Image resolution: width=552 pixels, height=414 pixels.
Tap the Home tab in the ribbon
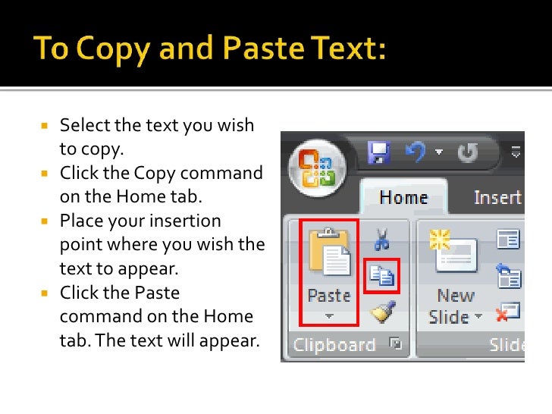click(403, 198)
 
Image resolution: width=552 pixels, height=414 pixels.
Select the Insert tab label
click(497, 198)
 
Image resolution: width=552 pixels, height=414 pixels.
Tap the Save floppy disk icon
click(378, 154)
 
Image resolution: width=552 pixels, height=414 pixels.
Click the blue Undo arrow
click(415, 154)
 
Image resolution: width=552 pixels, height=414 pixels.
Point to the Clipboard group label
click(334, 345)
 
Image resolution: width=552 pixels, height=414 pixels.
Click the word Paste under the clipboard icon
click(328, 294)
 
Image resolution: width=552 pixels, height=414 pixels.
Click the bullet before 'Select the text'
click(44, 126)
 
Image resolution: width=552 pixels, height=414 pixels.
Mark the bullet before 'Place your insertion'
click(44, 221)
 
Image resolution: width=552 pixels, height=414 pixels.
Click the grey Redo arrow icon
click(468, 154)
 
